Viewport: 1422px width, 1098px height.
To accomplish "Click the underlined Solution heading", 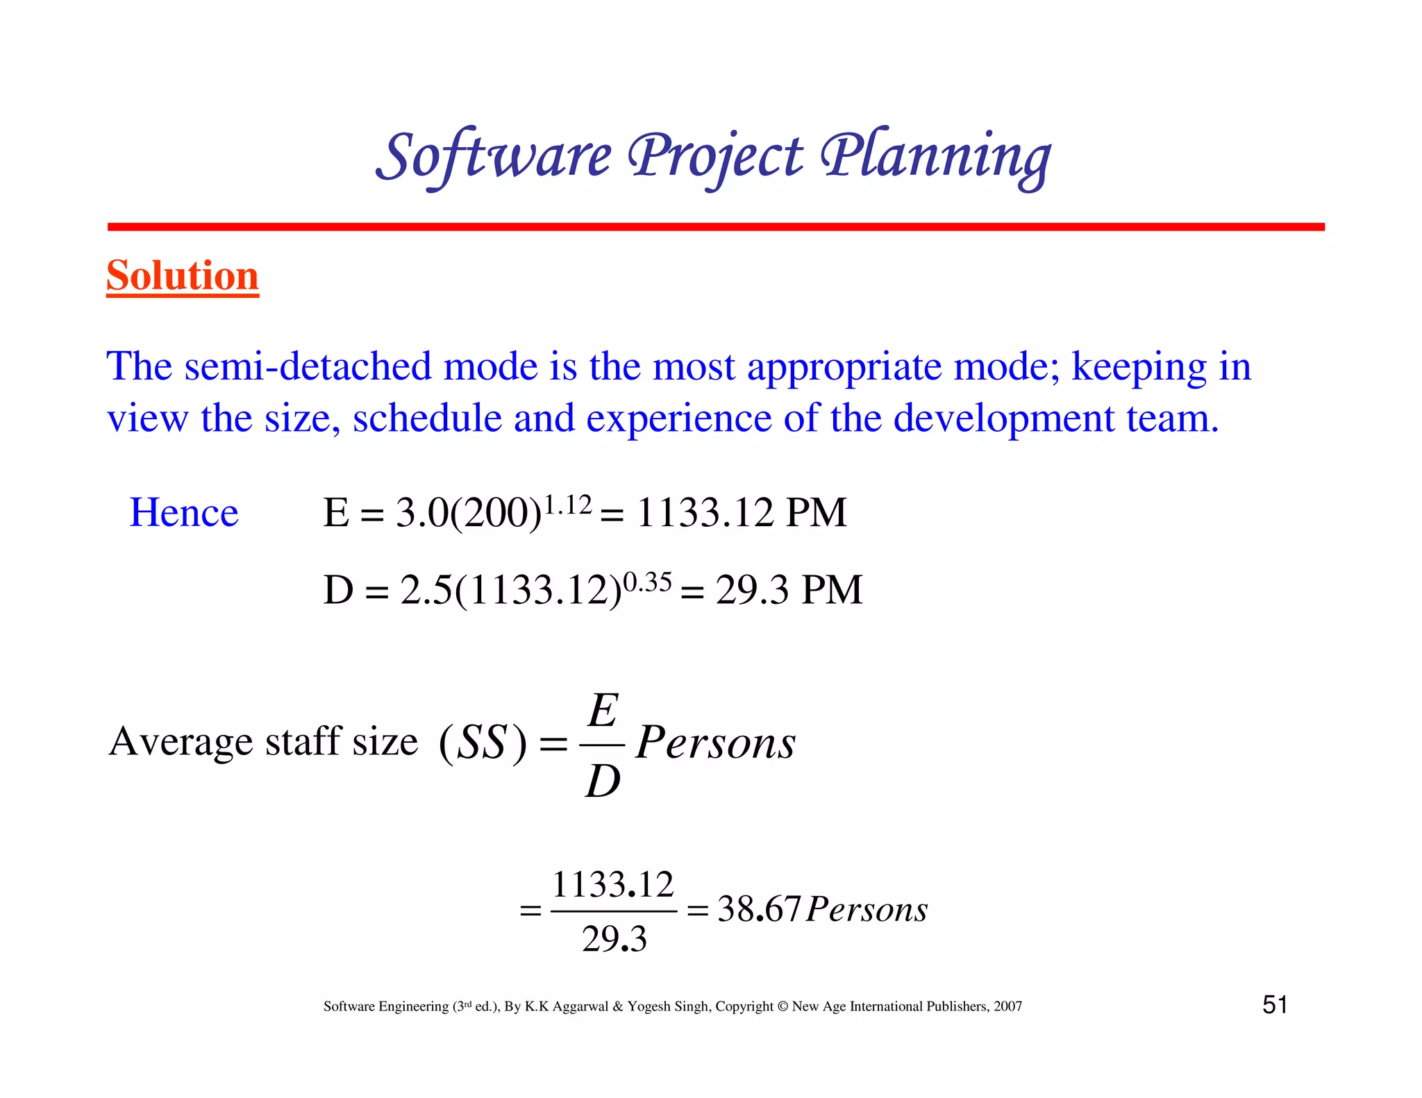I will [x=183, y=276].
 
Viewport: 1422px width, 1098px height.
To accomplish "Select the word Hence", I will [x=184, y=513].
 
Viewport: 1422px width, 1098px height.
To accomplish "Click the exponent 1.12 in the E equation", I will [x=567, y=505].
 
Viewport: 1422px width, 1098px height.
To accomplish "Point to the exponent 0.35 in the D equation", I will [x=647, y=582].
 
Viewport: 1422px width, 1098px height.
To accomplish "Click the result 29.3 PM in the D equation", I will [x=789, y=590].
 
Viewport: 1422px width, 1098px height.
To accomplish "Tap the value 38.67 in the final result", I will [x=759, y=909].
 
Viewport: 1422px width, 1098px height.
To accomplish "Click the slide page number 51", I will [x=1275, y=1005].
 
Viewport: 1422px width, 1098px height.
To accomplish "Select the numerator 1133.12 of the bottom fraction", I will [x=613, y=885].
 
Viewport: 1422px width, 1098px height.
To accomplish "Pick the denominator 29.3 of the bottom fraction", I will [x=614, y=939].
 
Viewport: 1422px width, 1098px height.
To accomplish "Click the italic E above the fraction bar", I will [x=603, y=711].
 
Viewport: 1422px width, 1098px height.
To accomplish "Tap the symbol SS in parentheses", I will [x=483, y=742].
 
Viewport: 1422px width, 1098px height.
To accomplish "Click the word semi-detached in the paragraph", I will [x=308, y=366].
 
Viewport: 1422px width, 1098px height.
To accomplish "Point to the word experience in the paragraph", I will [x=678, y=419].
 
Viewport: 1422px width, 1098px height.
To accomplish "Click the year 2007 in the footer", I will [x=1007, y=1006].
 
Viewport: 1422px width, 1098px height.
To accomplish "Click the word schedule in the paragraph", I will [x=427, y=419].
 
